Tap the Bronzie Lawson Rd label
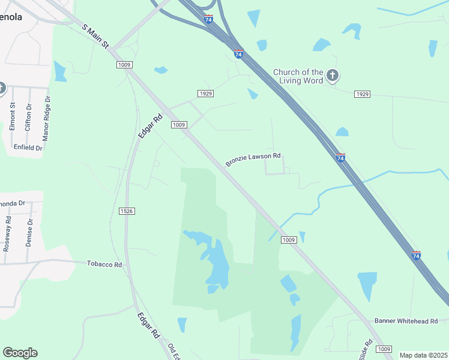pyautogui.click(x=253, y=160)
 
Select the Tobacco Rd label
pyautogui.click(x=104, y=264)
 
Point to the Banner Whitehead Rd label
pyautogui.click(x=406, y=322)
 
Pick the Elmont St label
pyautogui.click(x=12, y=118)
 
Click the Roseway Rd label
pyautogui.click(x=8, y=234)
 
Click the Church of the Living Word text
pyautogui.click(x=298, y=76)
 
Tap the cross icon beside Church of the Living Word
pyautogui.click(x=333, y=76)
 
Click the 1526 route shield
pyautogui.click(x=126, y=211)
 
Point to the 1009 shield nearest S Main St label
pyautogui.click(x=124, y=65)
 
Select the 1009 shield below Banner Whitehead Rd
pyautogui.click(x=384, y=349)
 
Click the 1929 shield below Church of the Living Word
pyautogui.click(x=362, y=94)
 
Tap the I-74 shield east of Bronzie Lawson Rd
pyautogui.click(x=340, y=157)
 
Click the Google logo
pyautogui.click(x=20, y=353)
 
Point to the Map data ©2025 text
pyautogui.click(x=423, y=355)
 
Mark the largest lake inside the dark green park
pyautogui.click(x=216, y=264)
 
